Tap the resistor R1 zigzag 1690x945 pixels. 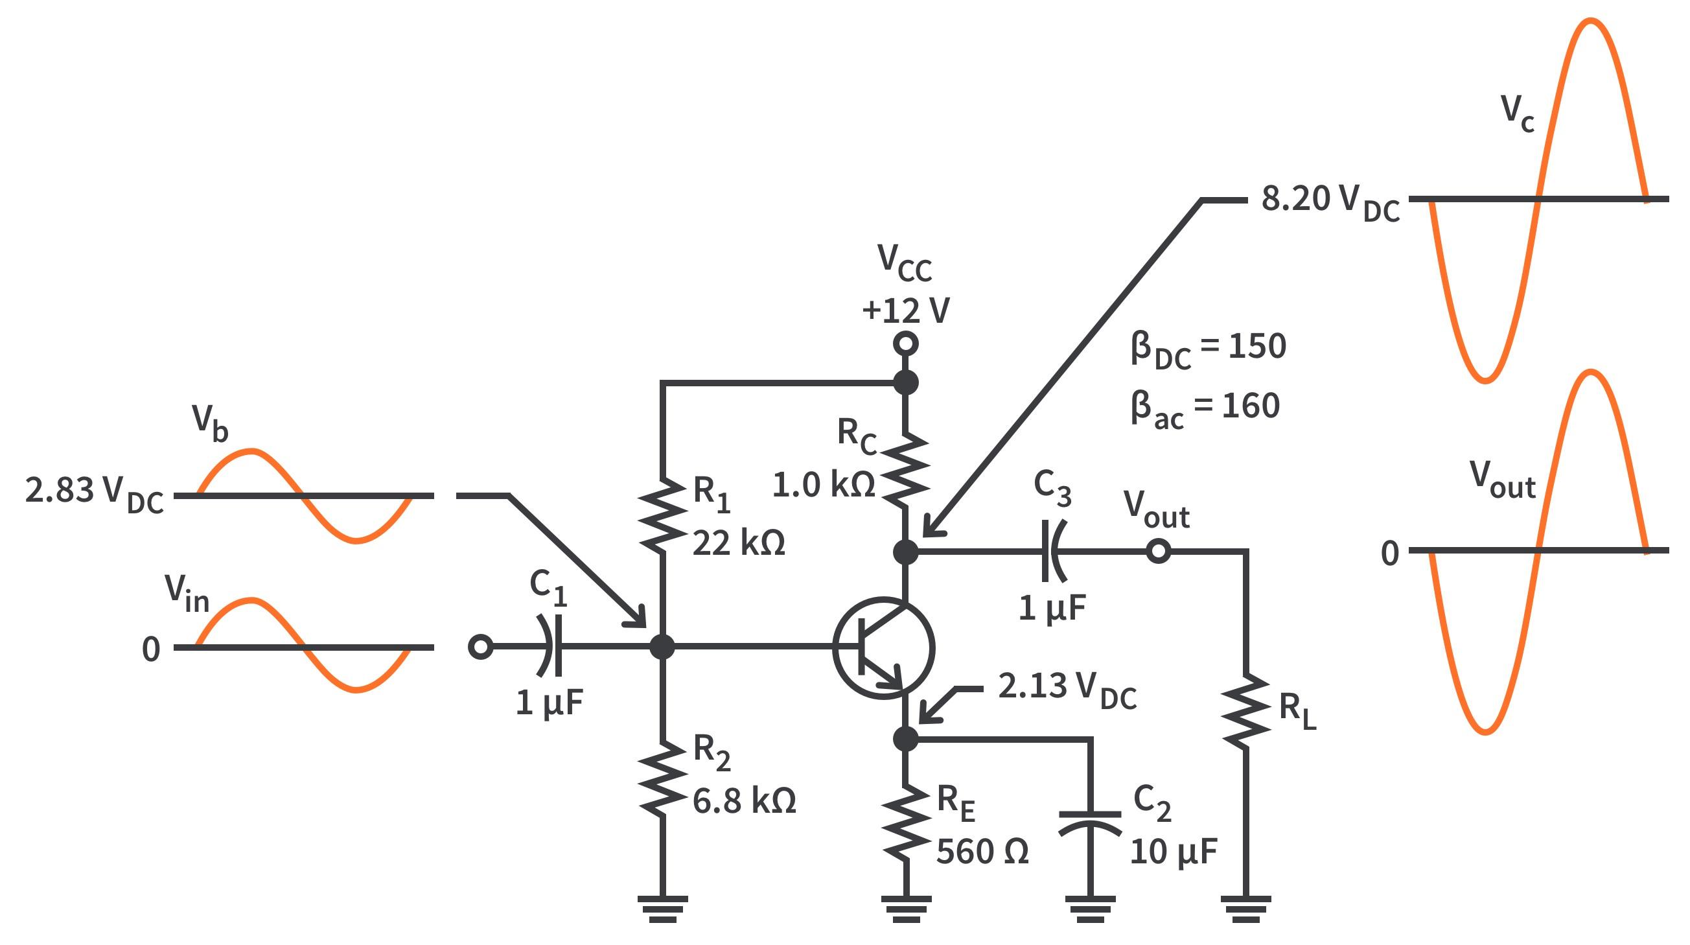pos(663,516)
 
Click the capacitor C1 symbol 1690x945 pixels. pos(550,646)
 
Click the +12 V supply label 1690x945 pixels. pos(906,310)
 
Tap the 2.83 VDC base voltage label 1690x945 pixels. pos(94,495)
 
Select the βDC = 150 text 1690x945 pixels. pos(1208,351)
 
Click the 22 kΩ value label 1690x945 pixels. pos(739,543)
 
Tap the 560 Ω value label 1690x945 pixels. pos(982,852)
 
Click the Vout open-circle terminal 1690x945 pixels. pos(1159,551)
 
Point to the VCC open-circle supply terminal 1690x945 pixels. pos(906,344)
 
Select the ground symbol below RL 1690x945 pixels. pos(1246,908)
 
